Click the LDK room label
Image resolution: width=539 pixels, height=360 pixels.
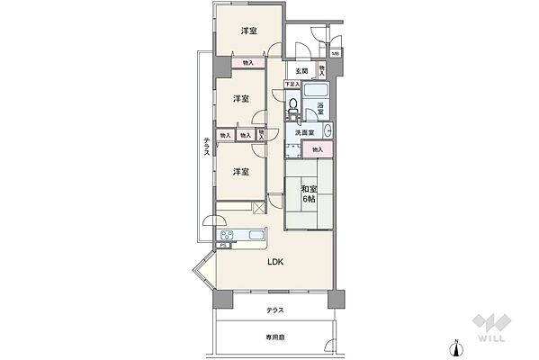275,262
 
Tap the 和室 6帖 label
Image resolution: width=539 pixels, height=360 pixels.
308,193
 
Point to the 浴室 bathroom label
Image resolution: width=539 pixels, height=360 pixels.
319,108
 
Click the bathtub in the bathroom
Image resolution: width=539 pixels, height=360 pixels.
317,92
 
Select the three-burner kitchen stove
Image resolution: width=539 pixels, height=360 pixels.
227,238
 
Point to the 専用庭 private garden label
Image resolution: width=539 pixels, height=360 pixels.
275,337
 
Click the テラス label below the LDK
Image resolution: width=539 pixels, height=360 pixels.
275,310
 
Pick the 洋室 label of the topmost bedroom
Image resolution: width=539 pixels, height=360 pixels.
248,31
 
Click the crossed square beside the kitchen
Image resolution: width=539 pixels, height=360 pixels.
260,208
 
